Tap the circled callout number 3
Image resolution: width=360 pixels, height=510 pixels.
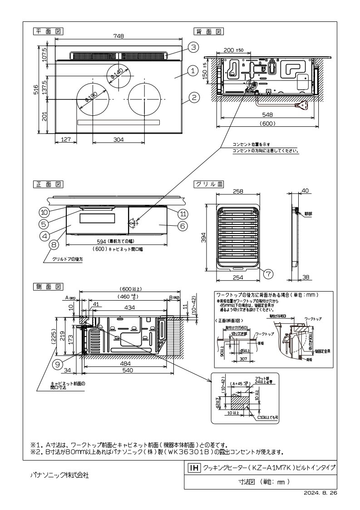192,47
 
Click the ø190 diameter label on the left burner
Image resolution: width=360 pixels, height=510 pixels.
89,98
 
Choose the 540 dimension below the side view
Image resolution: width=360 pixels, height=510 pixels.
127,371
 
